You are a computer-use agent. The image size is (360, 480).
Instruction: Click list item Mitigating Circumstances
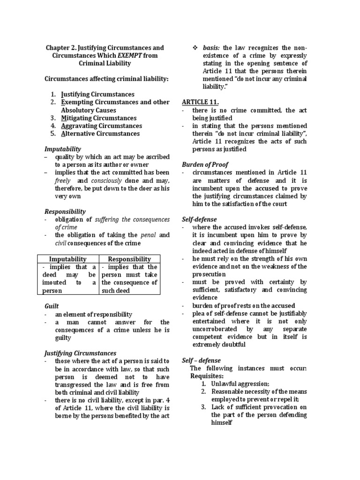coord(98,118)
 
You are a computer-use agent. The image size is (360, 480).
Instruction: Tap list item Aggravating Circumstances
coord(101,126)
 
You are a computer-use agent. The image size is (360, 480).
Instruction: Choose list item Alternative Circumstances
coord(100,134)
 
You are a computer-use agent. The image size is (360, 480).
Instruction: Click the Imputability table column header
coord(68,259)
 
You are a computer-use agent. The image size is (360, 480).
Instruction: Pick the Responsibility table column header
coord(129,259)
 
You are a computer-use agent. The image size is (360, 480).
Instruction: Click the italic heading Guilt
coord(52,306)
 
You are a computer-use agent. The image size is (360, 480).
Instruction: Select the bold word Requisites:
coord(207,376)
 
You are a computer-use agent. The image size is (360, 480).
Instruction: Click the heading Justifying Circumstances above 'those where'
coord(80,353)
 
